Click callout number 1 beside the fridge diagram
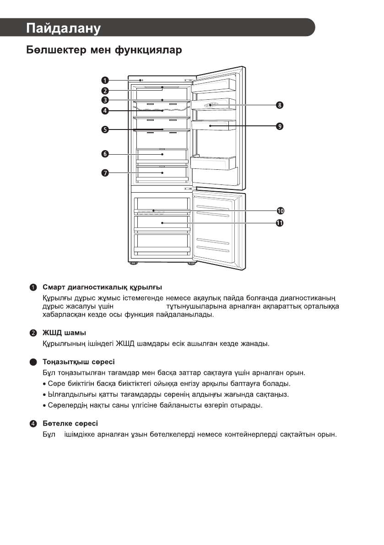(105, 81)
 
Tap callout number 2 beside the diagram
(105, 90)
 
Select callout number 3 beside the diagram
(105, 100)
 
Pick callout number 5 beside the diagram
(105, 130)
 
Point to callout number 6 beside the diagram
(105, 154)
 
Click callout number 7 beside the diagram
(105, 173)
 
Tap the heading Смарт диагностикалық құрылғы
(102, 288)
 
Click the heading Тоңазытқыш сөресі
(78, 362)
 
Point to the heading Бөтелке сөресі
(70, 423)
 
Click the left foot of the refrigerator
(133, 264)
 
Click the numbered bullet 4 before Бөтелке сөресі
(33, 423)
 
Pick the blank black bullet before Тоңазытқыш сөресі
(33, 362)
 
